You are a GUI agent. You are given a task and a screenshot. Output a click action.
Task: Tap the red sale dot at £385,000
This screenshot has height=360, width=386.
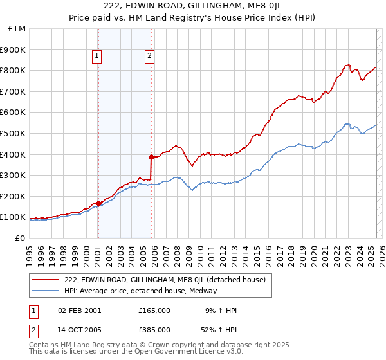[151, 157]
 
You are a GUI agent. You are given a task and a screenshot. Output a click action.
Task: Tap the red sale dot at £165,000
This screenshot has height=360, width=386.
[98, 203]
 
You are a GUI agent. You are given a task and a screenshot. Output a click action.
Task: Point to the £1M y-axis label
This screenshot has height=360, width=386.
[17, 29]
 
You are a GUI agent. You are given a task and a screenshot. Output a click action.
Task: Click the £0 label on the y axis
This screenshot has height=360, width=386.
[20, 238]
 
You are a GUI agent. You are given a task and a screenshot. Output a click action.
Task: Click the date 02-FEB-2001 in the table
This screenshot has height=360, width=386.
[79, 310]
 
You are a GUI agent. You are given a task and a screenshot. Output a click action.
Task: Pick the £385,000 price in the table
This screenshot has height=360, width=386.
[154, 329]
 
